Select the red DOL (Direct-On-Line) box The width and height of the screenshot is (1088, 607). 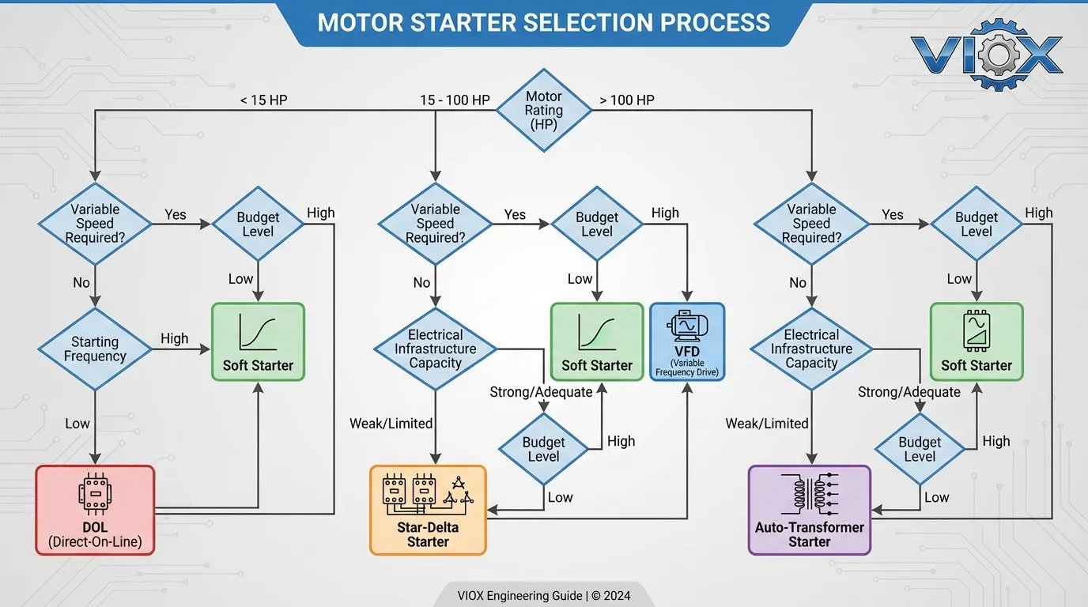[x=95, y=510]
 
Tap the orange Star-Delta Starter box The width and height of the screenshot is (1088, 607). [x=428, y=510]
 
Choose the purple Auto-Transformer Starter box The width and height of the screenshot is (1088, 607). [x=809, y=510]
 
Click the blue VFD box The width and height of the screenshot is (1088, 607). [x=686, y=342]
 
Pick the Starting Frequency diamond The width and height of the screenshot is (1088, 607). [x=95, y=349]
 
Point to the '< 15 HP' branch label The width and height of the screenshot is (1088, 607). [x=264, y=100]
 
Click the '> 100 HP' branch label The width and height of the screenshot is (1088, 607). [x=627, y=100]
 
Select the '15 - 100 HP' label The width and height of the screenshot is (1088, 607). [x=455, y=100]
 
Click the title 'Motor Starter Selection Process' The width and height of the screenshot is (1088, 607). [x=543, y=22]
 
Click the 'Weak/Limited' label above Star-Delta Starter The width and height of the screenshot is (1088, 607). [x=391, y=424]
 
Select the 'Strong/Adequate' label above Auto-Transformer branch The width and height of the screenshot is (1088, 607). [x=909, y=392]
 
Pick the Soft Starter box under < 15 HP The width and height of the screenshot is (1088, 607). [x=258, y=342]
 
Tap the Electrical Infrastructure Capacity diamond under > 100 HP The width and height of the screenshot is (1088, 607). [x=811, y=349]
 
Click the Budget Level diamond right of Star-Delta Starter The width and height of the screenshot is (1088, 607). [x=543, y=449]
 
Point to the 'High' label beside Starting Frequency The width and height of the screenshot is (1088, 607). [x=174, y=338]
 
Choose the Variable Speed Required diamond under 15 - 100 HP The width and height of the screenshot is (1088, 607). [x=435, y=223]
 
